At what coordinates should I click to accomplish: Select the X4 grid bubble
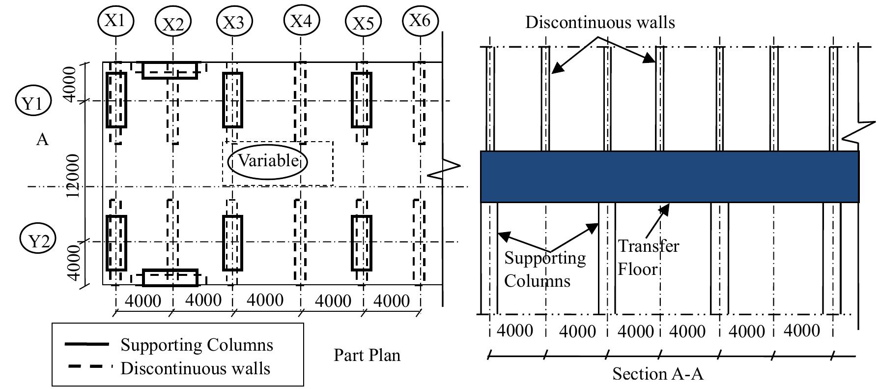tap(302, 21)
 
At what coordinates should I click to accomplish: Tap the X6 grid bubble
tap(420, 21)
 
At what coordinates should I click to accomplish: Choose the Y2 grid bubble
tap(38, 241)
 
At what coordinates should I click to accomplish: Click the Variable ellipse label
tap(268, 161)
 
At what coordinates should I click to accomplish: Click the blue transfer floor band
tap(669, 177)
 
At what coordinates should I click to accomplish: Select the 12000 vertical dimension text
tap(73, 176)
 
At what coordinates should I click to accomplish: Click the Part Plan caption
tap(367, 355)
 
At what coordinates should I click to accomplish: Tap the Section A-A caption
tap(658, 374)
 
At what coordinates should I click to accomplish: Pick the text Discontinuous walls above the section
tap(600, 23)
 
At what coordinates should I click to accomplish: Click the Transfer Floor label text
tap(648, 257)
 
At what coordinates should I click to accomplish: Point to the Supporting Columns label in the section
tap(544, 269)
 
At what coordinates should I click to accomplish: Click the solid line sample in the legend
tap(86, 345)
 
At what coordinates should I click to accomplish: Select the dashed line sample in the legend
tap(86, 367)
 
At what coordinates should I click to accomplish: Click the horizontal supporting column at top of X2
tap(170, 70)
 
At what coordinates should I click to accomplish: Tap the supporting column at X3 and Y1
tap(232, 100)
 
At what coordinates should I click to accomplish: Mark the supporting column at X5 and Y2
tap(361, 243)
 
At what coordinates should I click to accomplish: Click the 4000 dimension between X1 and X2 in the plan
tap(143, 300)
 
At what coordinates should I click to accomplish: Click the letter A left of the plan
tap(43, 140)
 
